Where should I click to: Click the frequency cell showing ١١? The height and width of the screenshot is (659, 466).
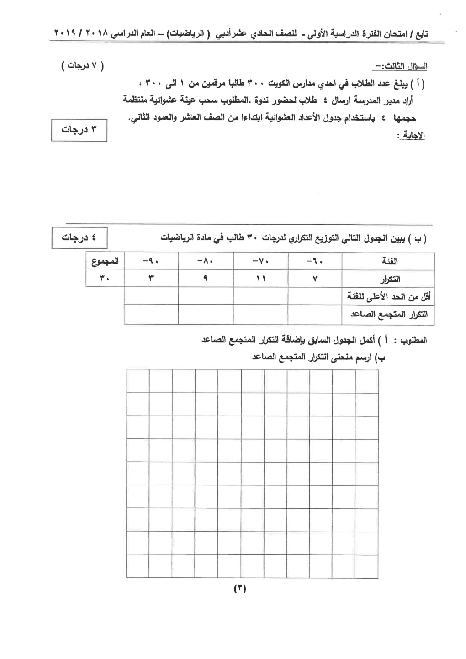click(x=261, y=278)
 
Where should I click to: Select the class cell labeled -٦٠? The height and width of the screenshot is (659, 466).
click(x=315, y=261)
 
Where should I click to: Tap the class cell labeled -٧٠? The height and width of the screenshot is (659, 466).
click(x=261, y=261)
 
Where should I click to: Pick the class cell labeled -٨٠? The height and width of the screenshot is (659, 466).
click(x=206, y=261)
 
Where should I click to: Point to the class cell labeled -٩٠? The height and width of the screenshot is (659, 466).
click(x=151, y=261)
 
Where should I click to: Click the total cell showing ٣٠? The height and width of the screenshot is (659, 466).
click(x=105, y=278)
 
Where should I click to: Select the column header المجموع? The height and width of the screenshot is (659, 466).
click(x=105, y=261)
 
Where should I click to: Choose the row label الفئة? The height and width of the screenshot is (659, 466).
click(x=389, y=261)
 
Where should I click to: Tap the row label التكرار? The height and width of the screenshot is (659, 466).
click(x=389, y=279)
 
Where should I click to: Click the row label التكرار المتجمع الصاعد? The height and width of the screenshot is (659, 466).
click(x=389, y=315)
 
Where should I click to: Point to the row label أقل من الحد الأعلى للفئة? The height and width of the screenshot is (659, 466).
click(x=389, y=297)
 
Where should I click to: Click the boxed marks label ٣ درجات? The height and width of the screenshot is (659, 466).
click(x=79, y=130)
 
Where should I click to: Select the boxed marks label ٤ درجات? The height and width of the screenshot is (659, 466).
click(x=79, y=238)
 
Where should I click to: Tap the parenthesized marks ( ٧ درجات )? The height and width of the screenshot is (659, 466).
click(x=82, y=66)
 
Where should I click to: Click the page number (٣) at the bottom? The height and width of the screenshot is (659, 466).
click(x=239, y=588)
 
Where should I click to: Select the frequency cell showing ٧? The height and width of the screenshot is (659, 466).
click(x=315, y=279)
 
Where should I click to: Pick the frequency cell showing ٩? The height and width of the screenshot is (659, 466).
click(x=206, y=278)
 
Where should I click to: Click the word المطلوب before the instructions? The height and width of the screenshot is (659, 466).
click(x=413, y=340)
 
